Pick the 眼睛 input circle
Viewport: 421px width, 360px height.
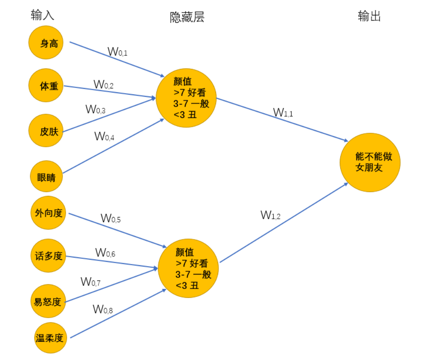click(x=46, y=176)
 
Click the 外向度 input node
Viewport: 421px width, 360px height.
click(x=48, y=212)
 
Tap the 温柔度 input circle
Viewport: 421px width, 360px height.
click(x=50, y=337)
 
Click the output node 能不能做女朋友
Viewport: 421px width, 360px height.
click(x=370, y=162)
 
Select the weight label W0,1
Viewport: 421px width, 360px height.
click(x=118, y=52)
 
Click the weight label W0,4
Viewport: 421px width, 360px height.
click(x=104, y=136)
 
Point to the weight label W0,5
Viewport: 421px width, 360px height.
click(x=111, y=219)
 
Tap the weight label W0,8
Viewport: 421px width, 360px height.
click(x=103, y=310)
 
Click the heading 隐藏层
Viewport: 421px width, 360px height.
click(x=187, y=17)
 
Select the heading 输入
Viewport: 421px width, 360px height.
click(x=43, y=16)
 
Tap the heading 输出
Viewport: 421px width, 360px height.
click(x=369, y=16)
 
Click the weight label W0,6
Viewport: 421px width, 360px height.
click(x=105, y=253)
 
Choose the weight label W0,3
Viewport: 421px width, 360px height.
click(x=96, y=110)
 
